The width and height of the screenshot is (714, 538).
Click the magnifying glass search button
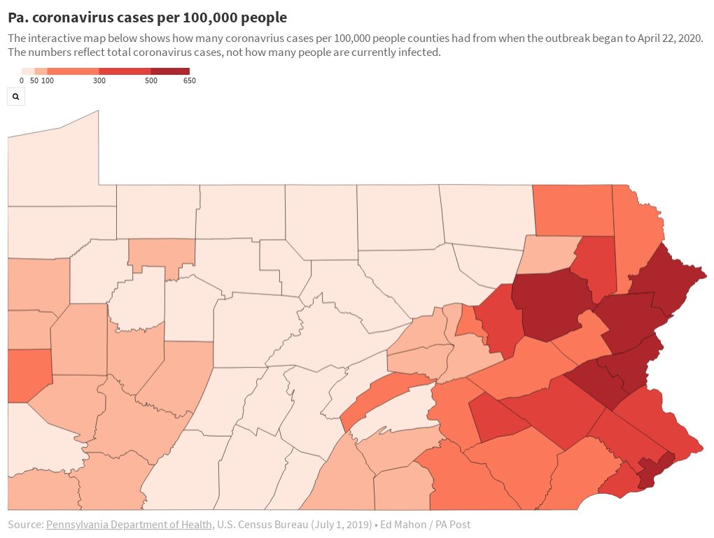pyautogui.click(x=15, y=97)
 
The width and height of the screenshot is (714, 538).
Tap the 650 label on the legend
pyautogui.click(x=189, y=81)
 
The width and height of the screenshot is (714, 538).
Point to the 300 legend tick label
pyautogui.click(x=99, y=81)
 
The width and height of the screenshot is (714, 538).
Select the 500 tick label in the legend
pyautogui.click(x=150, y=81)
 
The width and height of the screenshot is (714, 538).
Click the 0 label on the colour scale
pyautogui.click(x=22, y=81)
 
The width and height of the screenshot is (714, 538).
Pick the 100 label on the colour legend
pyautogui.click(x=48, y=81)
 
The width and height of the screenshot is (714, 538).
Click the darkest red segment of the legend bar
pyautogui.click(x=170, y=71)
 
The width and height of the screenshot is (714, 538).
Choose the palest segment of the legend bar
pyautogui.click(x=28, y=71)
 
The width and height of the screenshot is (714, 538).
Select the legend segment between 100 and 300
pyautogui.click(x=73, y=71)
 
